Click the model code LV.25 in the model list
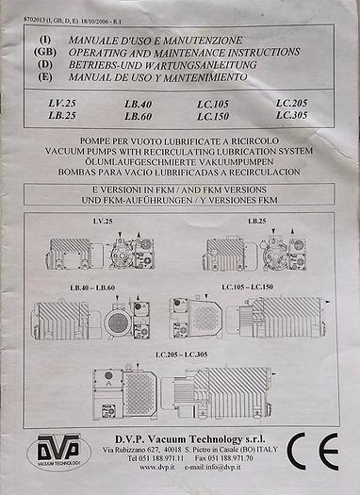click(62, 101)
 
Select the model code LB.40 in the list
click(138, 102)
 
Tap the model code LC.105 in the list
click(215, 102)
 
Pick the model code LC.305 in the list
click(292, 114)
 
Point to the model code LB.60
click(138, 114)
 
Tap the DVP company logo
click(57, 450)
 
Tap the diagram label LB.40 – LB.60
click(90, 285)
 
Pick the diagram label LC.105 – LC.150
click(249, 286)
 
